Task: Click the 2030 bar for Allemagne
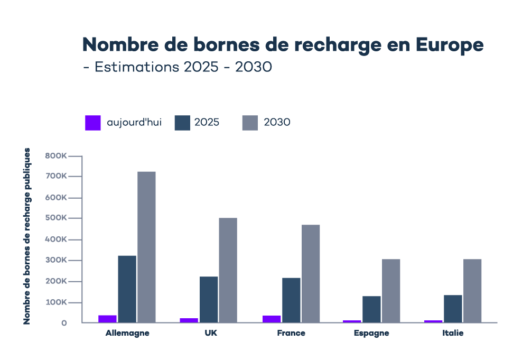(x=146, y=246)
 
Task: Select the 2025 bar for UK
(x=209, y=299)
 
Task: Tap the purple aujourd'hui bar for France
(x=272, y=319)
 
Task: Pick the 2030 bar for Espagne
(x=391, y=290)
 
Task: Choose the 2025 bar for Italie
(x=453, y=308)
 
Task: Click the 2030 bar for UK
(x=228, y=270)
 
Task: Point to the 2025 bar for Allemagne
(x=127, y=289)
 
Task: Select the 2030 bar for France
(x=311, y=273)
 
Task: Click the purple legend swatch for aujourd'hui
(x=93, y=123)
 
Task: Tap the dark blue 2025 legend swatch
(x=182, y=123)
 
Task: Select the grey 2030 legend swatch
(x=250, y=123)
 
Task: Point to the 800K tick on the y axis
(x=55, y=156)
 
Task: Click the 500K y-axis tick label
(x=55, y=218)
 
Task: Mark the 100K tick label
(x=55, y=302)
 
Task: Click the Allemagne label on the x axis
(x=127, y=334)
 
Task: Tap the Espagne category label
(x=371, y=334)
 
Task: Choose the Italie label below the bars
(x=453, y=334)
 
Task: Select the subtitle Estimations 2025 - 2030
(x=178, y=68)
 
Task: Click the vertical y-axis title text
(x=27, y=236)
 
